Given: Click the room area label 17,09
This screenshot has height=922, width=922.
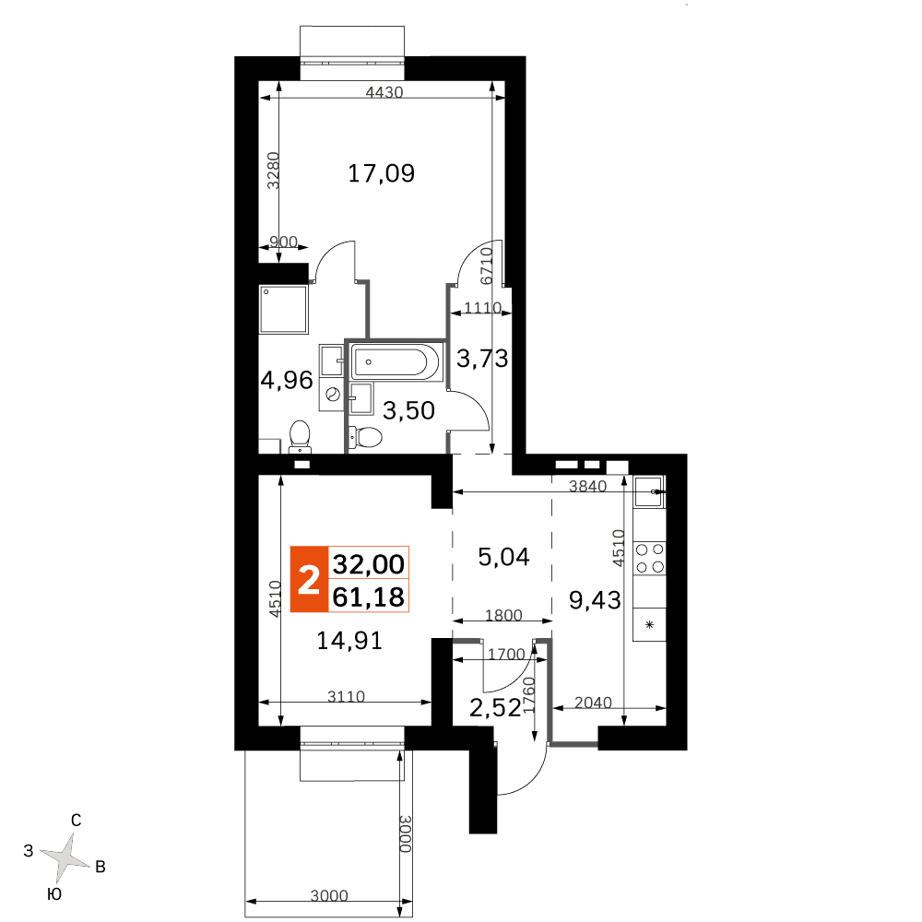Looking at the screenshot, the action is click(381, 173).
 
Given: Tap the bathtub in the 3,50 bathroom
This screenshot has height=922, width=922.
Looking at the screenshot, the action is click(396, 361).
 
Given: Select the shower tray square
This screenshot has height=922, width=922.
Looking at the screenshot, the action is click(283, 310).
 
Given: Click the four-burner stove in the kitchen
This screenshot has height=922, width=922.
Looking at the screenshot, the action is click(650, 558).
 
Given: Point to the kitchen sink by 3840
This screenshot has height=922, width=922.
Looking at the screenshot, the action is click(649, 491).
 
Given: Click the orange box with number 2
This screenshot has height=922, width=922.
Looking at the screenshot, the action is click(309, 579).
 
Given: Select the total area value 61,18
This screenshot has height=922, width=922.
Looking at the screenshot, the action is click(369, 597).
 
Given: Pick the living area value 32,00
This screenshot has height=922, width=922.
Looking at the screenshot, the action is click(369, 564).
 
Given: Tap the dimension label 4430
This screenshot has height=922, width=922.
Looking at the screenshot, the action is click(384, 92).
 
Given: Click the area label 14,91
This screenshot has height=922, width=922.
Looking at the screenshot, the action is click(349, 641).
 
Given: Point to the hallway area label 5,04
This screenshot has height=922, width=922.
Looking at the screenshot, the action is click(504, 556).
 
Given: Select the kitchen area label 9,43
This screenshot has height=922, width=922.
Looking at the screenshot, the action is click(595, 600).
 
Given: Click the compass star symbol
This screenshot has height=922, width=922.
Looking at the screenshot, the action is click(65, 857).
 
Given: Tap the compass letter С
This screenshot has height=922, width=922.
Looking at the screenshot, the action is click(76, 821).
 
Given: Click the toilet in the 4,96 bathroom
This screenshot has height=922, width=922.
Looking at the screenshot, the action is click(300, 436).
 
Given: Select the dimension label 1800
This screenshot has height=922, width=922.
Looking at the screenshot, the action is click(503, 615).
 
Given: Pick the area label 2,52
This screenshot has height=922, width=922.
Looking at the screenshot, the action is click(495, 708).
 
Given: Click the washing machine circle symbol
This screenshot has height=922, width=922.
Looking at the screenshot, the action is click(332, 394).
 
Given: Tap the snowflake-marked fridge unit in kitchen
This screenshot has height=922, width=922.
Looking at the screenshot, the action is click(650, 624).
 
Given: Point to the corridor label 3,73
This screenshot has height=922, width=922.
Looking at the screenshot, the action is click(482, 358).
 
